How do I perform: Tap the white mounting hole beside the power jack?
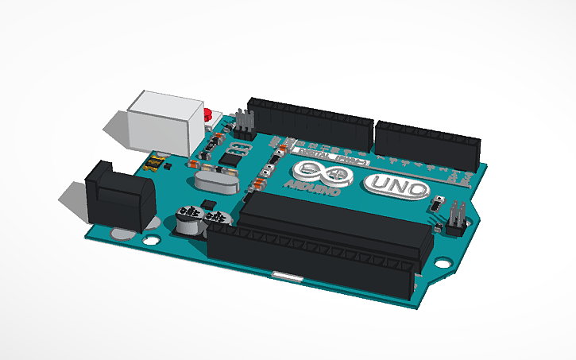point(151,238)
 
